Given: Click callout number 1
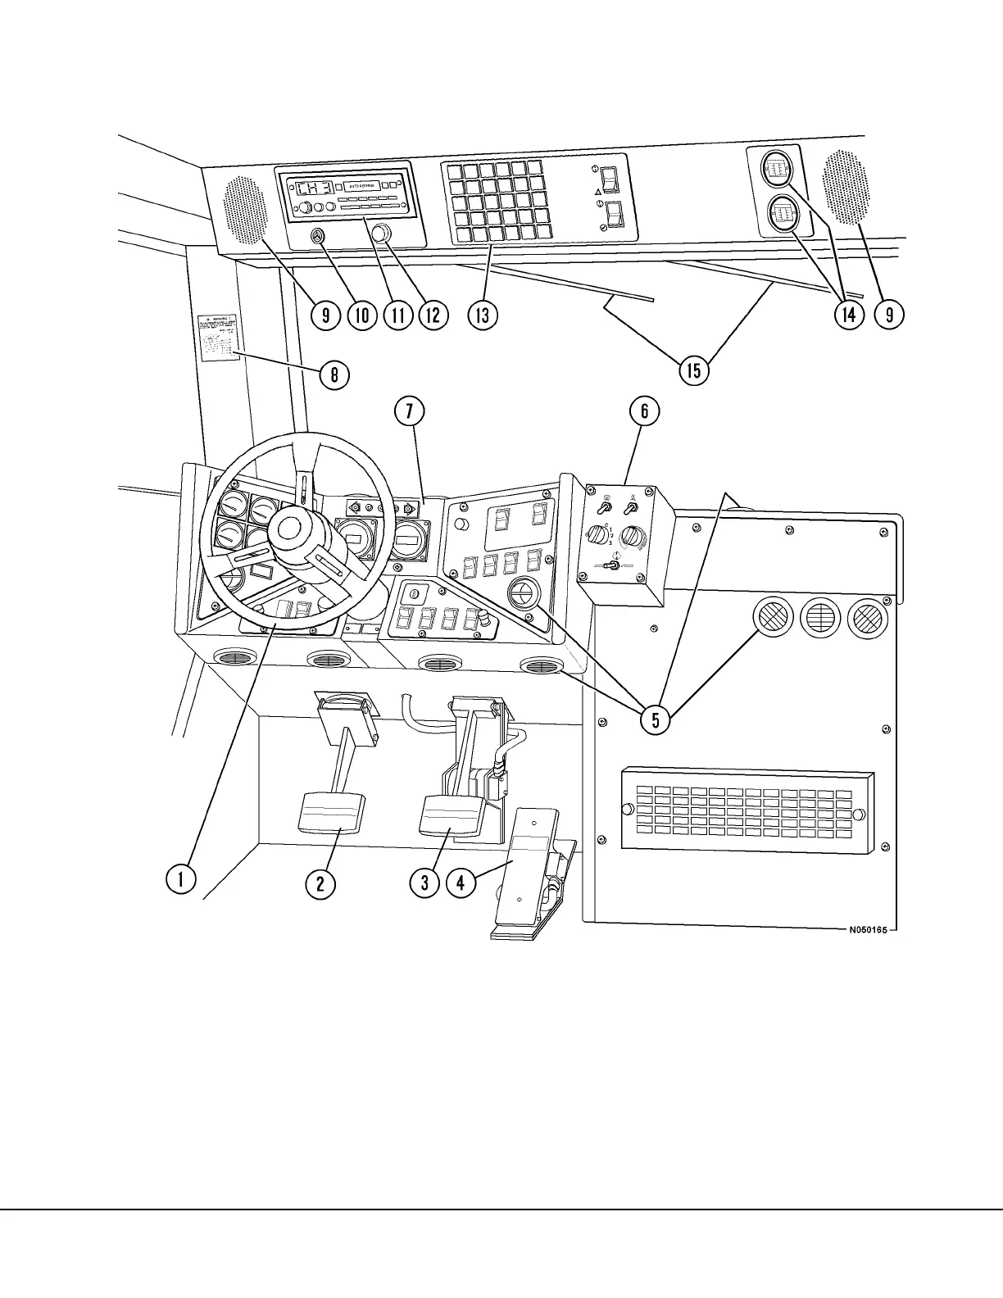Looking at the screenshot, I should point(179,880).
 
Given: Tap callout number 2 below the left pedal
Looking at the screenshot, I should point(320,882).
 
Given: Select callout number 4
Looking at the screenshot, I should point(461,882).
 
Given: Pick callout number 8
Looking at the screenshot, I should point(334,375).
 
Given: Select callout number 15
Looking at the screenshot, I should point(693,370).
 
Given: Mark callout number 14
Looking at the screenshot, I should point(849,315).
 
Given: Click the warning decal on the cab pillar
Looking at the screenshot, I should point(215,336).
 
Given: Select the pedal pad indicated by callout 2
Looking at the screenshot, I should point(333,811).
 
